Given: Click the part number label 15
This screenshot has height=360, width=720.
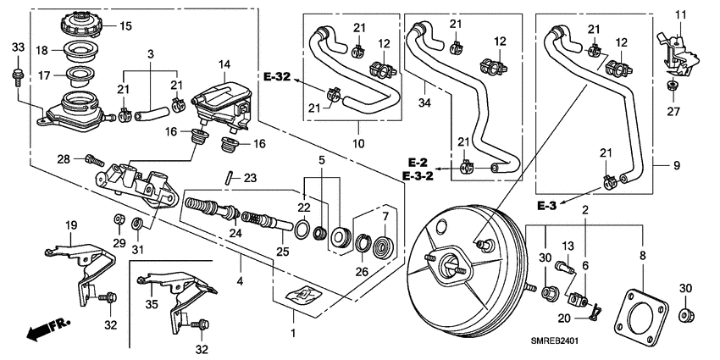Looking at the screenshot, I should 125,26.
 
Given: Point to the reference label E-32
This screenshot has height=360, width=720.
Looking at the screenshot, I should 276,77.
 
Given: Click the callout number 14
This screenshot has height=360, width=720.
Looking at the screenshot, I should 224,64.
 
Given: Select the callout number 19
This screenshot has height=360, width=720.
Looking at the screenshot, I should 72,224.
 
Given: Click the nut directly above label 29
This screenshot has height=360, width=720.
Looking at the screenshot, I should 119,222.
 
